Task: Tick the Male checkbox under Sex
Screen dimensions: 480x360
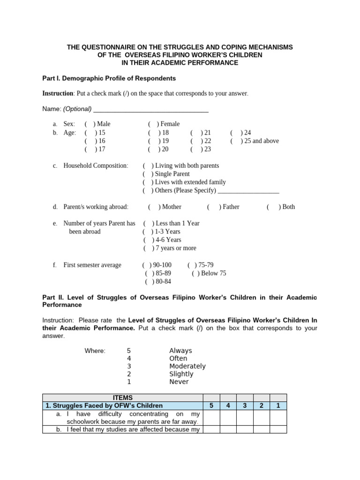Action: (90, 124)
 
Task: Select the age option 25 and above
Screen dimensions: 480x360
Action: (235, 141)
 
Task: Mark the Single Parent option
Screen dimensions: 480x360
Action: (148, 174)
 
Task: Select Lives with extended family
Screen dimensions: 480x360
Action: (148, 182)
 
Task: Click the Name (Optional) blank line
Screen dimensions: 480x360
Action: (150, 109)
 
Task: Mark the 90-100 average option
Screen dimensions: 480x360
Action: (147, 265)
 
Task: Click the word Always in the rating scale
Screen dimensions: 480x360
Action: (180, 351)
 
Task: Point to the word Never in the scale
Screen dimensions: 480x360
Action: (179, 382)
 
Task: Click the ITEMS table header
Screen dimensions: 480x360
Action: (123, 398)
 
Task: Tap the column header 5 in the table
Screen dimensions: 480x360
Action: (211, 406)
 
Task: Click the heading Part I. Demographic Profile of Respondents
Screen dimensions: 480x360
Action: (109, 78)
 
